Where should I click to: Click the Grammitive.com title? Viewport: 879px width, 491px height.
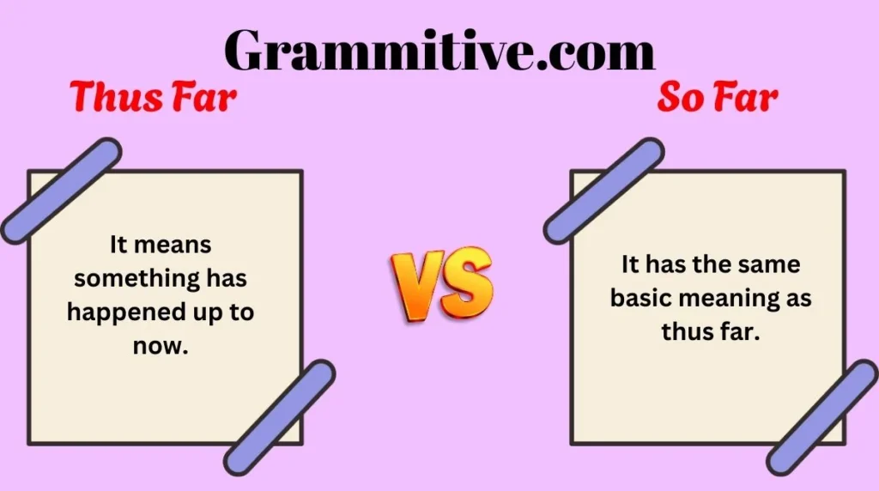click(439, 51)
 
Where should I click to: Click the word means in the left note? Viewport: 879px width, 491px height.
click(173, 245)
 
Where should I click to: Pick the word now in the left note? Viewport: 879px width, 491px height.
click(161, 347)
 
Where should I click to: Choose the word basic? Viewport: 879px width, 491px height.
click(640, 297)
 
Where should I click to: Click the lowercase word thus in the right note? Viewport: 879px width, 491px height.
click(686, 331)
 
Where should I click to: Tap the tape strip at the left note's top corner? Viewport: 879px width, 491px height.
click(61, 191)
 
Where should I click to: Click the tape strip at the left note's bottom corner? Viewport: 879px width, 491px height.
click(280, 417)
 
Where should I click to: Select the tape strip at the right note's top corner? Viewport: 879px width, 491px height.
click(603, 191)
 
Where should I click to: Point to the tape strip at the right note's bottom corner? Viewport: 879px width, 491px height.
click(822, 417)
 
